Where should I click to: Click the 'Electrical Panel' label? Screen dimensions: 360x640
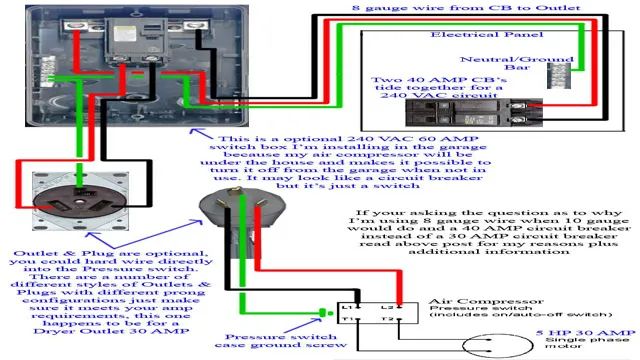(x=479, y=34)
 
